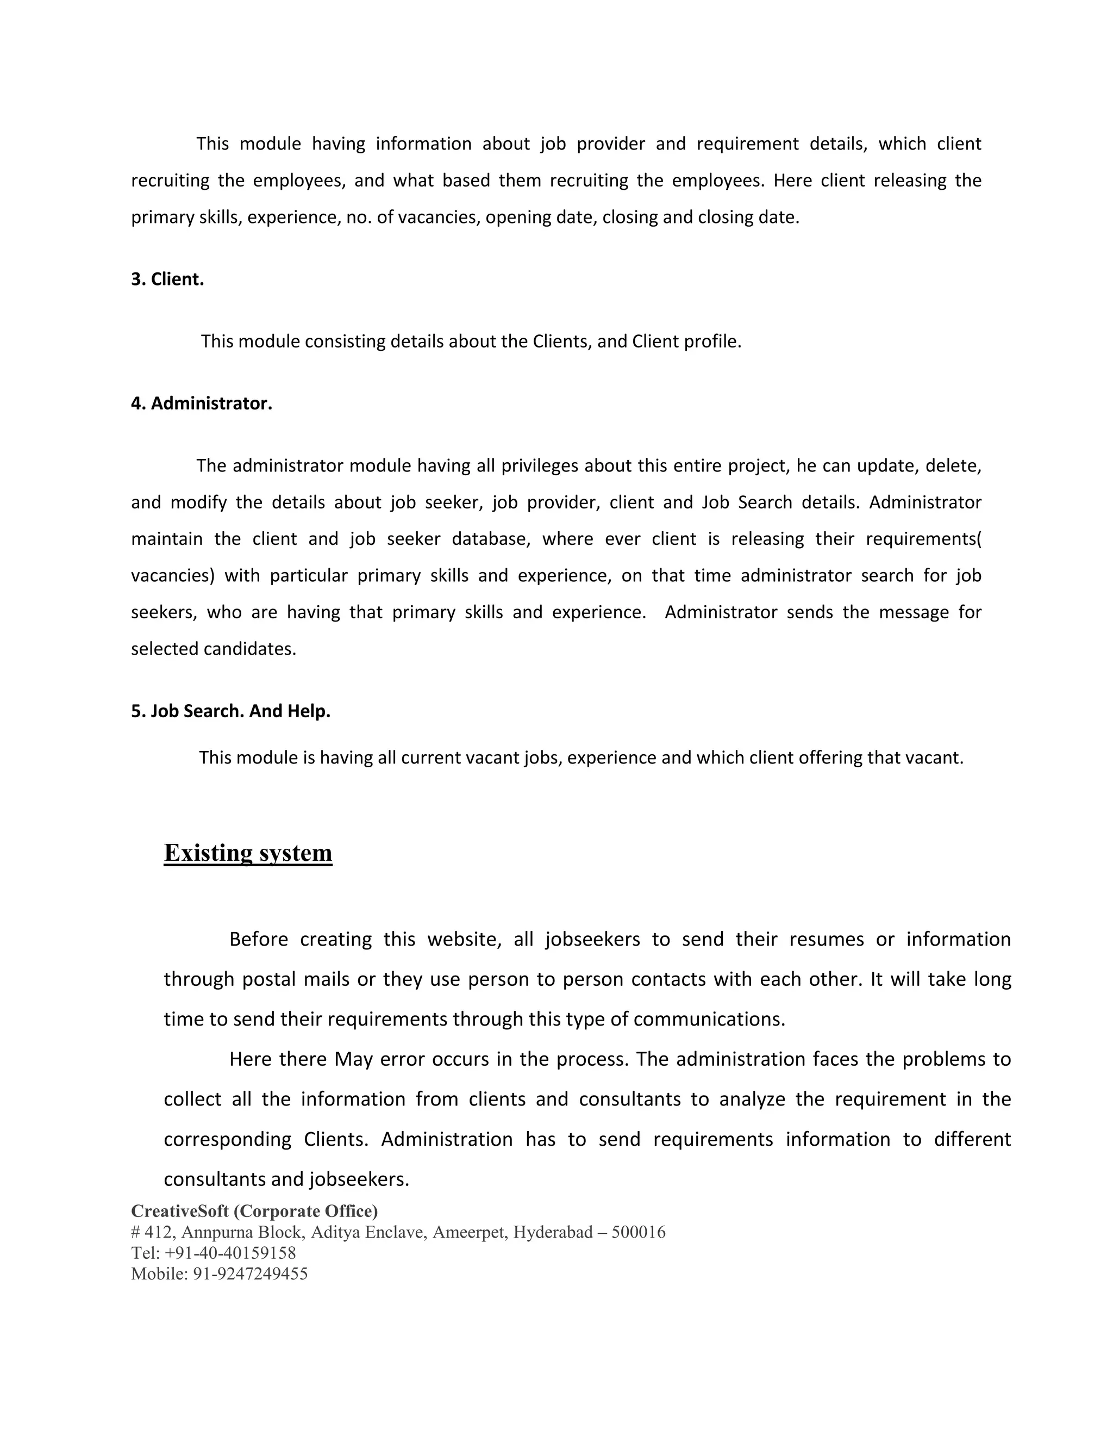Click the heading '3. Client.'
click(167, 279)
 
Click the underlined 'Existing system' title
click(248, 853)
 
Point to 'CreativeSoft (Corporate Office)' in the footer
click(254, 1211)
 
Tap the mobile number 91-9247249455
click(250, 1274)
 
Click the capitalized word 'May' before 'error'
click(353, 1059)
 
